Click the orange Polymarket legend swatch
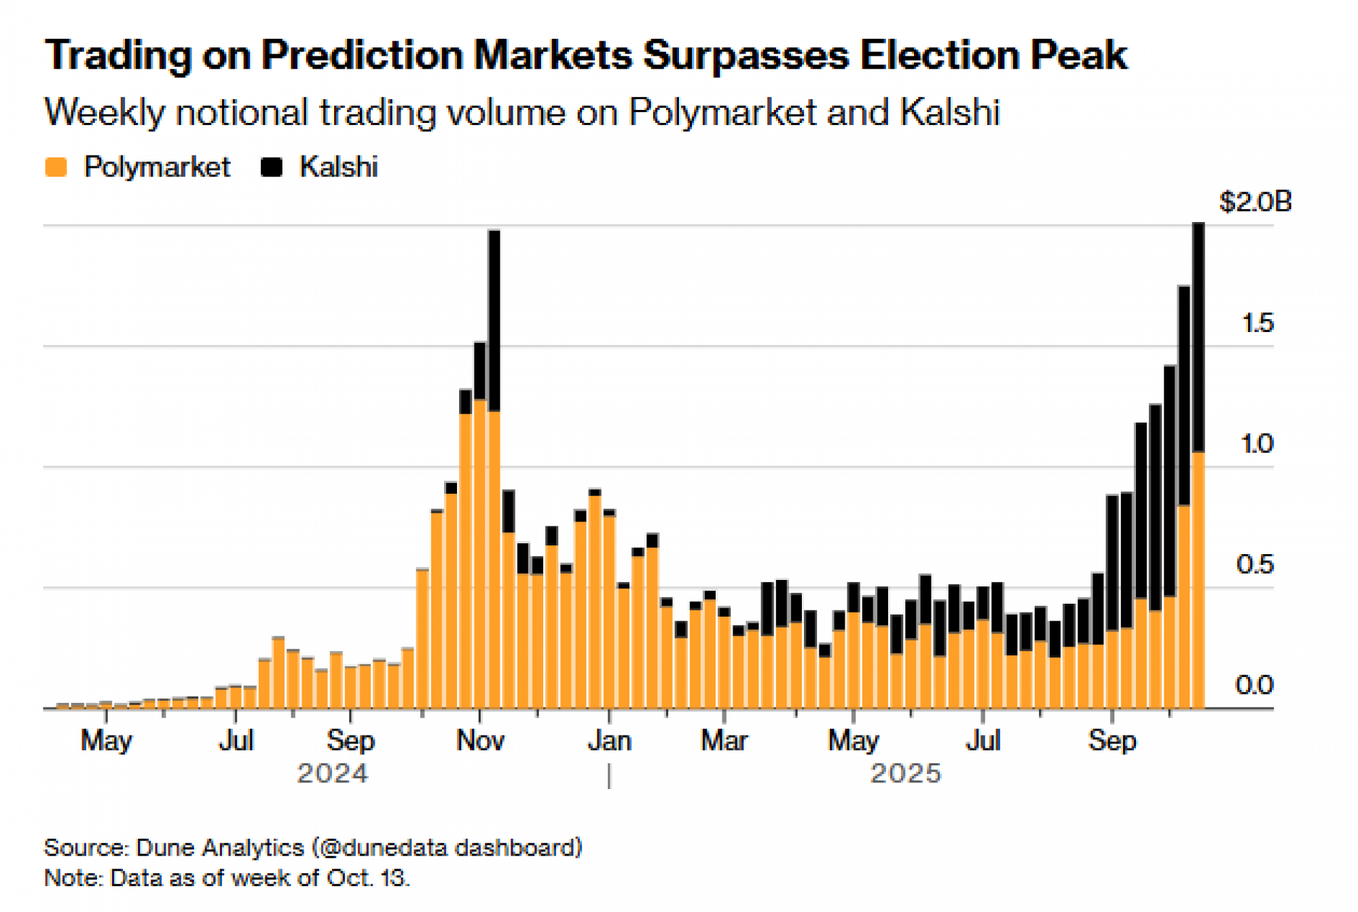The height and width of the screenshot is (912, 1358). pyautogui.click(x=56, y=167)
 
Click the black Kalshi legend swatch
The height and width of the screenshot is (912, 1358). pyautogui.click(x=272, y=167)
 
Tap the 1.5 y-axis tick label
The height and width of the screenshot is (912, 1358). pyautogui.click(x=1258, y=323)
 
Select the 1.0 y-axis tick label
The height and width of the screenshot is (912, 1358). pyautogui.click(x=1256, y=444)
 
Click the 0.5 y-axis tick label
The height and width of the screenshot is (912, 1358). pyautogui.click(x=1255, y=564)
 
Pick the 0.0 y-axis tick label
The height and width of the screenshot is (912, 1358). pyautogui.click(x=1254, y=685)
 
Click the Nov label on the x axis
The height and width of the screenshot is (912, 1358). pyautogui.click(x=480, y=740)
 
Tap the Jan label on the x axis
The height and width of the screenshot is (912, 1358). pyautogui.click(x=609, y=740)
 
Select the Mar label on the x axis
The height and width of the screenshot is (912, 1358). pyautogui.click(x=724, y=740)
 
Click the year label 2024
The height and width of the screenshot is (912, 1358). pyautogui.click(x=333, y=773)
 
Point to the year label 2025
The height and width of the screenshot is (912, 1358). pyautogui.click(x=906, y=773)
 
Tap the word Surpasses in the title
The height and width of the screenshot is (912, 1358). pyautogui.click(x=745, y=55)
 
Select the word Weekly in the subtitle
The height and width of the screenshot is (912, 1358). pyautogui.click(x=104, y=113)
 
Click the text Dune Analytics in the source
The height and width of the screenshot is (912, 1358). pyautogui.click(x=219, y=847)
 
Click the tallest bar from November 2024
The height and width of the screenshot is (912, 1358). pyautogui.click(x=494, y=469)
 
